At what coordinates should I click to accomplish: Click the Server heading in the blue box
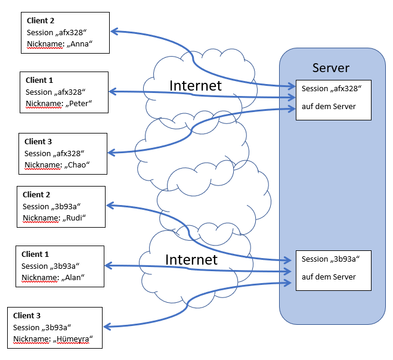[331, 67]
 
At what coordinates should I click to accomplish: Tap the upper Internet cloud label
[196, 85]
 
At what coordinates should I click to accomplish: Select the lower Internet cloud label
[191, 259]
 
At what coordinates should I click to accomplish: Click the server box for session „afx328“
[333, 100]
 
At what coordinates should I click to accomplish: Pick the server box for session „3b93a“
[333, 269]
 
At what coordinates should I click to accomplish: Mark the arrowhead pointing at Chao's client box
[112, 153]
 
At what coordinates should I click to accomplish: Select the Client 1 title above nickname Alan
[36, 255]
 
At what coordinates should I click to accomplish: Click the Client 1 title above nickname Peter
[40, 80]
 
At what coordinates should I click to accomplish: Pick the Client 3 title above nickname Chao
[39, 141]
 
